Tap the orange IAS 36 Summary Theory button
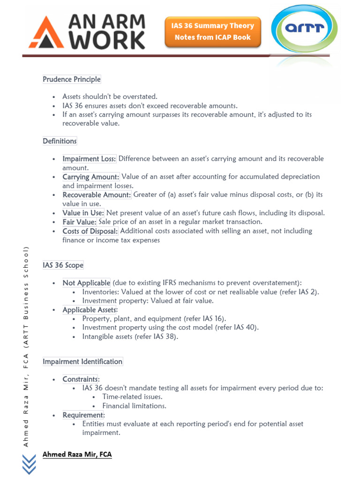click(213, 31)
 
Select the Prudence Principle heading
click(72, 79)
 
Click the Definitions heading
click(60, 141)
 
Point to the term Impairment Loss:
click(89, 159)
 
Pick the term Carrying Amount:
click(91, 177)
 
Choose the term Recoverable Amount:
click(97, 195)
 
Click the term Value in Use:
click(83, 213)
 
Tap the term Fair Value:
click(80, 222)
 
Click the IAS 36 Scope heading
click(63, 265)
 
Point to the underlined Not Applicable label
click(86, 283)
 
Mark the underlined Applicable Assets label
click(90, 310)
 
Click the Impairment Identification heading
click(82, 361)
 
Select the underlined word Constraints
click(80, 379)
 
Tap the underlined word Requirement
click(83, 415)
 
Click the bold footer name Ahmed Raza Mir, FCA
click(77, 455)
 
